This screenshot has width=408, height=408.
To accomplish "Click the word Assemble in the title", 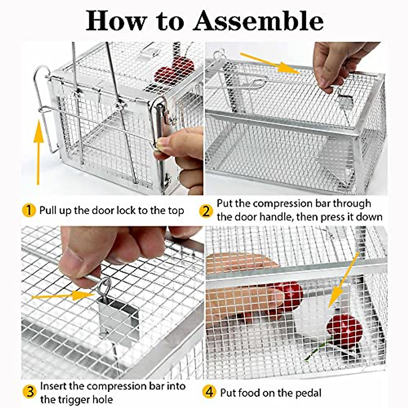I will (x=258, y=21).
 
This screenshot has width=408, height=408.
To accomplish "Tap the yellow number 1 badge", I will (x=29, y=210).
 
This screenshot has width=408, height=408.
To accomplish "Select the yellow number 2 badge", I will (x=206, y=211).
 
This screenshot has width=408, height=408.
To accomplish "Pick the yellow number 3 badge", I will (x=30, y=392).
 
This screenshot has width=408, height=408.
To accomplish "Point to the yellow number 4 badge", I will (x=209, y=392).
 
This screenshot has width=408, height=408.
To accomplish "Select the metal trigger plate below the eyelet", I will (x=117, y=320).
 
